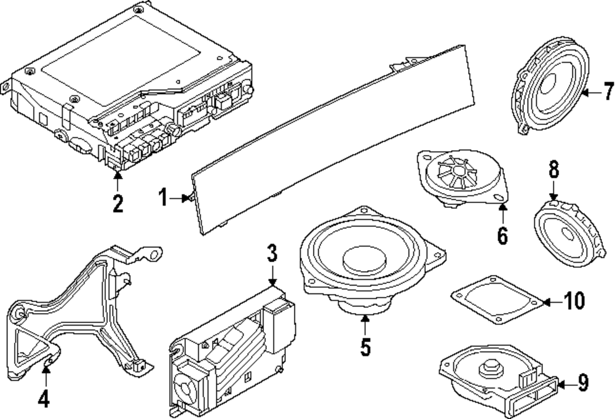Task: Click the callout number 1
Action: coord(162,198)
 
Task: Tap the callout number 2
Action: coord(117,202)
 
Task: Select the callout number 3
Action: coord(272,253)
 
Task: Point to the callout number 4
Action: coord(43,399)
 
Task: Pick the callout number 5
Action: coord(365,348)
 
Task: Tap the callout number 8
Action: coord(553,168)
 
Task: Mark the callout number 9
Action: coord(583,383)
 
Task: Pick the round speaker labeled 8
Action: coord(565,231)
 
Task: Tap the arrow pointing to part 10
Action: coord(550,301)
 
